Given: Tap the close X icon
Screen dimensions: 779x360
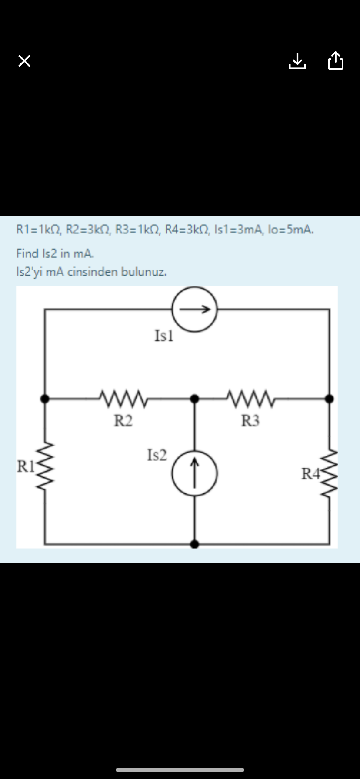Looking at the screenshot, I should click(x=24, y=61).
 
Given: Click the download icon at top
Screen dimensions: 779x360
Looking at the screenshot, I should click(x=297, y=61).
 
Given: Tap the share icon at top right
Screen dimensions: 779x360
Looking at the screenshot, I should click(x=335, y=60).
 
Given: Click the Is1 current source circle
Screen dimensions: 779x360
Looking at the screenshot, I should click(x=194, y=309).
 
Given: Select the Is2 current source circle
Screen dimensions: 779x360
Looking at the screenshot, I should click(x=194, y=473).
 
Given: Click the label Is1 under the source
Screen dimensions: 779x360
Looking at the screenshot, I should click(x=164, y=336).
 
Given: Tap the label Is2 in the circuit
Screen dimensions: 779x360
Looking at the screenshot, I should click(x=157, y=455).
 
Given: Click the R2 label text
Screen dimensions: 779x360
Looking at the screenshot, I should click(x=123, y=421).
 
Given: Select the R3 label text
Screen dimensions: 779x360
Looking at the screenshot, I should click(x=250, y=421).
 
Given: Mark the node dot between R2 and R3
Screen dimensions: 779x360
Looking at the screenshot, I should click(x=195, y=398).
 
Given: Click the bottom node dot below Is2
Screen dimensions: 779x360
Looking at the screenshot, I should click(x=195, y=544).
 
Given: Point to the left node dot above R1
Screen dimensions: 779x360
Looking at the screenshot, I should click(x=44, y=398).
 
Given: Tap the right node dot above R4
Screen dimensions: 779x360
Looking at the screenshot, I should click(x=330, y=398).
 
